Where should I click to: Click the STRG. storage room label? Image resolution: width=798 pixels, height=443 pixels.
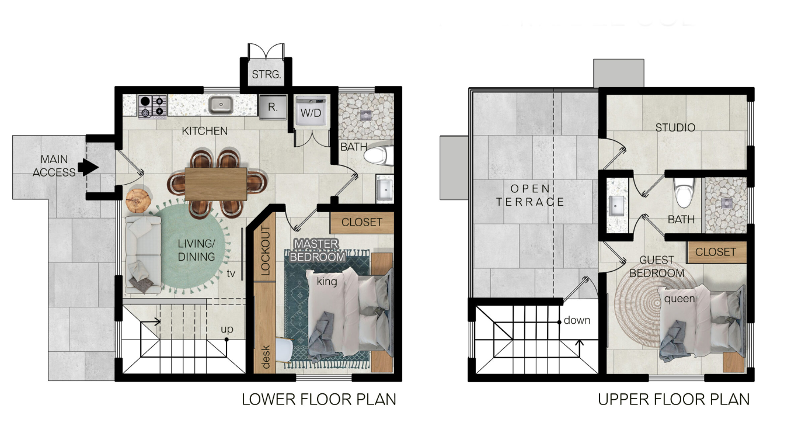pos(266,75)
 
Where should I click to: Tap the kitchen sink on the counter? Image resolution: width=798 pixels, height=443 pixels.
pos(221,105)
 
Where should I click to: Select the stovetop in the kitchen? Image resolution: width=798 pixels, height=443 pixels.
pos(152,106)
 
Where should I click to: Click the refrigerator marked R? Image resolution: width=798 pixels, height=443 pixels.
pos(273,107)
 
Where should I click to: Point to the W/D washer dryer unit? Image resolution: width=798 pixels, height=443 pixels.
pos(311,111)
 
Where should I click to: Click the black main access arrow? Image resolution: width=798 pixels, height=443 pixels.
pos(88,167)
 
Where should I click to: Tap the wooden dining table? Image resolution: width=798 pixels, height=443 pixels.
pos(216,184)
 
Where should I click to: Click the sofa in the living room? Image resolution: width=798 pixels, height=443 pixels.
pos(143,255)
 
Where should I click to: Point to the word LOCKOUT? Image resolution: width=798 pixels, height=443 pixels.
pos(266,251)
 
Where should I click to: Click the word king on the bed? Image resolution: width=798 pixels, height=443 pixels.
pos(327,282)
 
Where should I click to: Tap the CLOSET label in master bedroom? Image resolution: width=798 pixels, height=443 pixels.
pos(361,222)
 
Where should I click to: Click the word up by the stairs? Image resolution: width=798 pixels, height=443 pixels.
pos(227,329)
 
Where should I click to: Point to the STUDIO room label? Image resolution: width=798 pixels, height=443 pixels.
pos(675,127)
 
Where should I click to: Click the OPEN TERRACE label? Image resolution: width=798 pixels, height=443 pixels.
pos(530,195)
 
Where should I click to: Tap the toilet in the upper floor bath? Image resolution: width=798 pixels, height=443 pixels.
pos(684,192)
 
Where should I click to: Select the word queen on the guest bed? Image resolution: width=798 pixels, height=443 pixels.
pos(679,299)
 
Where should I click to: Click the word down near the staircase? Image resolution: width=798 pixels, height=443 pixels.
pos(577,320)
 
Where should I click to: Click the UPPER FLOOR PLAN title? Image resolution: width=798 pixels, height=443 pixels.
pos(674,399)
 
